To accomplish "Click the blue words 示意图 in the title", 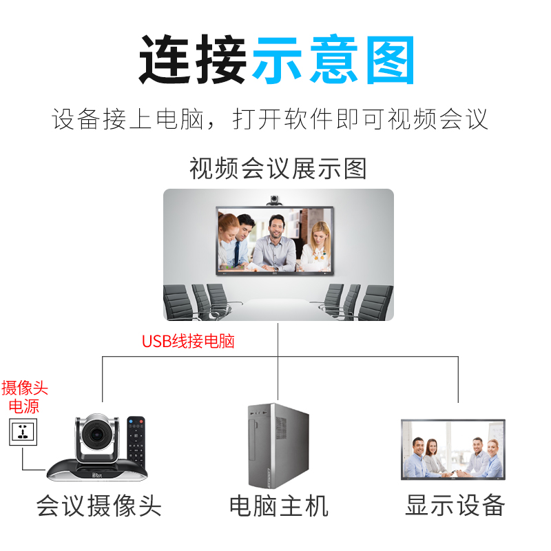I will click(334, 60).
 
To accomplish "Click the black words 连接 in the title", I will click(194, 60).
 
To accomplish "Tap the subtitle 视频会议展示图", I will click(278, 168).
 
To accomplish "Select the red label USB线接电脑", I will click(188, 341).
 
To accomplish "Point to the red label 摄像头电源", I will click(25, 396).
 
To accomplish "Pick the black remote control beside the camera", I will click(138, 441).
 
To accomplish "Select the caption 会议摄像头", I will click(98, 506).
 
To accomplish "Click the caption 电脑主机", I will click(279, 506).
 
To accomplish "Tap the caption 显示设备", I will click(455, 505).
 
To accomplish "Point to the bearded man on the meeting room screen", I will click(275, 241).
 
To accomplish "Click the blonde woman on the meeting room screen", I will click(318, 245).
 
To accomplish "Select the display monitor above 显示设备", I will click(453, 449).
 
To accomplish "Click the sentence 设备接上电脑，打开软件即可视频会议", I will click(270, 119).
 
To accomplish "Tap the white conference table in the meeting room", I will click(275, 309).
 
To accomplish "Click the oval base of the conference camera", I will click(96, 471).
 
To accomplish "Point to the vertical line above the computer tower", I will click(279, 379).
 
